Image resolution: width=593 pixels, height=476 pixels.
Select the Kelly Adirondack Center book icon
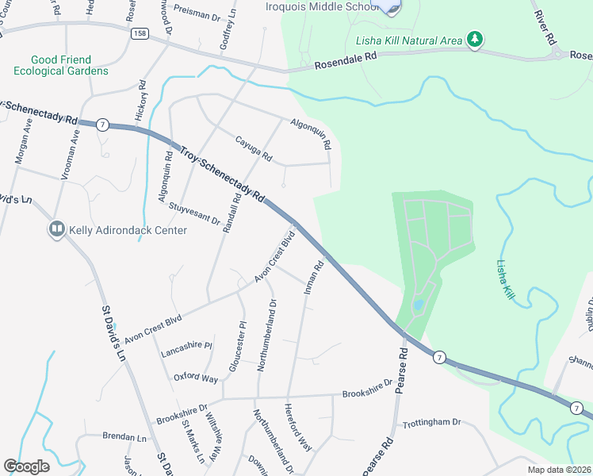pos(56,230)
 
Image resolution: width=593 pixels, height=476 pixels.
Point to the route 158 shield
pos(139,35)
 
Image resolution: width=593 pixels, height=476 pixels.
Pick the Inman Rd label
pos(314,278)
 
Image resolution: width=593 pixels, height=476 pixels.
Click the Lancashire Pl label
pos(186,346)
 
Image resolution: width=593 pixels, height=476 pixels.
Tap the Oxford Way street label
pos(196,378)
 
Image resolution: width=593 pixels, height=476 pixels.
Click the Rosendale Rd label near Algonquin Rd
pos(346,62)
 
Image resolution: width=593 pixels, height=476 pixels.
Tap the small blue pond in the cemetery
pos(418,305)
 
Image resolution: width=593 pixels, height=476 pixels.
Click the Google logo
pos(27,466)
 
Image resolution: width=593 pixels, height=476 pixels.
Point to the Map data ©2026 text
pos(558,470)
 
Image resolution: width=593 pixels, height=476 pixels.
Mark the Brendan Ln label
pos(125,436)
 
